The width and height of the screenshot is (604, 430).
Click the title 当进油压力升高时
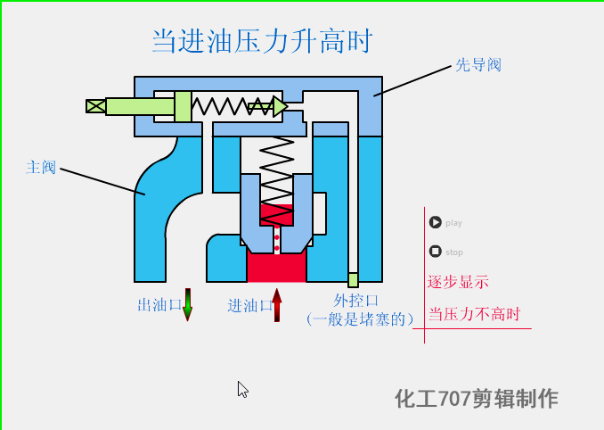coord(260,41)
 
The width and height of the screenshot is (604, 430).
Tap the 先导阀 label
coord(478,65)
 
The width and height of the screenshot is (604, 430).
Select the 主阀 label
coord(41,167)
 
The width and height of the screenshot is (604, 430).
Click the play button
coord(435,222)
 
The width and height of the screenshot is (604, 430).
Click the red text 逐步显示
coord(458,282)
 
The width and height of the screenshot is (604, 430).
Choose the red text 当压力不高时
coord(474,314)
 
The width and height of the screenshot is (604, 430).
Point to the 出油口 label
coord(159,305)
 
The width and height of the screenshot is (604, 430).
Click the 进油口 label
coord(249,305)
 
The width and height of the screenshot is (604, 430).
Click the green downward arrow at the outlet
coord(187,304)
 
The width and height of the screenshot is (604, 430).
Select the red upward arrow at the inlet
coord(277,304)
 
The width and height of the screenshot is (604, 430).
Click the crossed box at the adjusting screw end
coord(95,106)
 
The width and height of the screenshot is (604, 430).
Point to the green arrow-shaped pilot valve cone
coord(268,107)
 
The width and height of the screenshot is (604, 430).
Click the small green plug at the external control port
coord(353,280)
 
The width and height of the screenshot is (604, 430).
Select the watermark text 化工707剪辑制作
coord(477,398)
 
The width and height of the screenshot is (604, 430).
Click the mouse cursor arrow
coord(242,389)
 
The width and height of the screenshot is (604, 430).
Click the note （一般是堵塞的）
coord(360,318)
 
